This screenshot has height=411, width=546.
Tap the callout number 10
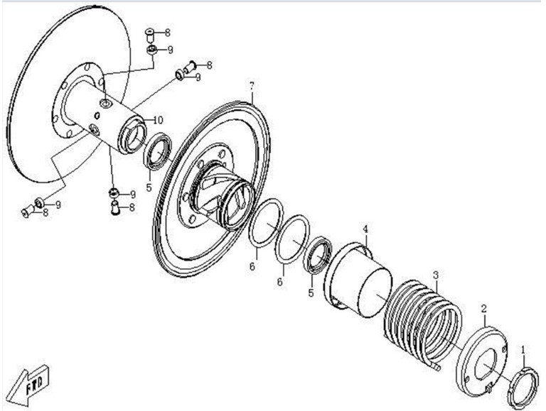pyautogui.click(x=157, y=120)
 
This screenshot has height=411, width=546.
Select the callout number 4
pyautogui.click(x=365, y=229)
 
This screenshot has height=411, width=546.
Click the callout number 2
pyautogui.click(x=483, y=308)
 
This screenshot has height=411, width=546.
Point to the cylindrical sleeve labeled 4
pyautogui.click(x=358, y=280)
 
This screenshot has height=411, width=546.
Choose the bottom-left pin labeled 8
pyautogui.click(x=28, y=211)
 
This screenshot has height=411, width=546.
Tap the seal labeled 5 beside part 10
pyautogui.click(x=158, y=151)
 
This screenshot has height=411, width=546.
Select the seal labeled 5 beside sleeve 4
pyautogui.click(x=318, y=254)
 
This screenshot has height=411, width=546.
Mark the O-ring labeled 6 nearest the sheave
pyautogui.click(x=266, y=223)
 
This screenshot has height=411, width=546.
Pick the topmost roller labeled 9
pyautogui.click(x=151, y=50)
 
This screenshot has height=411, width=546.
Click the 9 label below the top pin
pyautogui.click(x=171, y=50)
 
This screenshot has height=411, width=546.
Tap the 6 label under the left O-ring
pyautogui.click(x=252, y=267)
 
